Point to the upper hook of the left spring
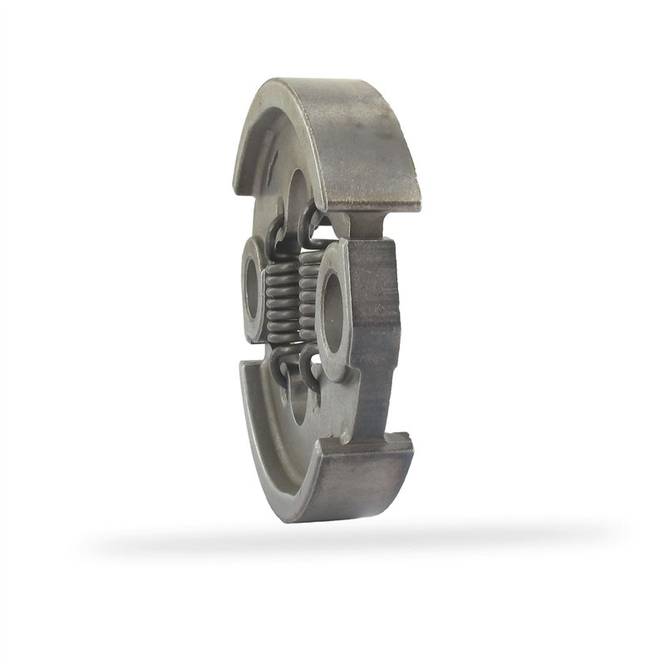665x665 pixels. point(279,237)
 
